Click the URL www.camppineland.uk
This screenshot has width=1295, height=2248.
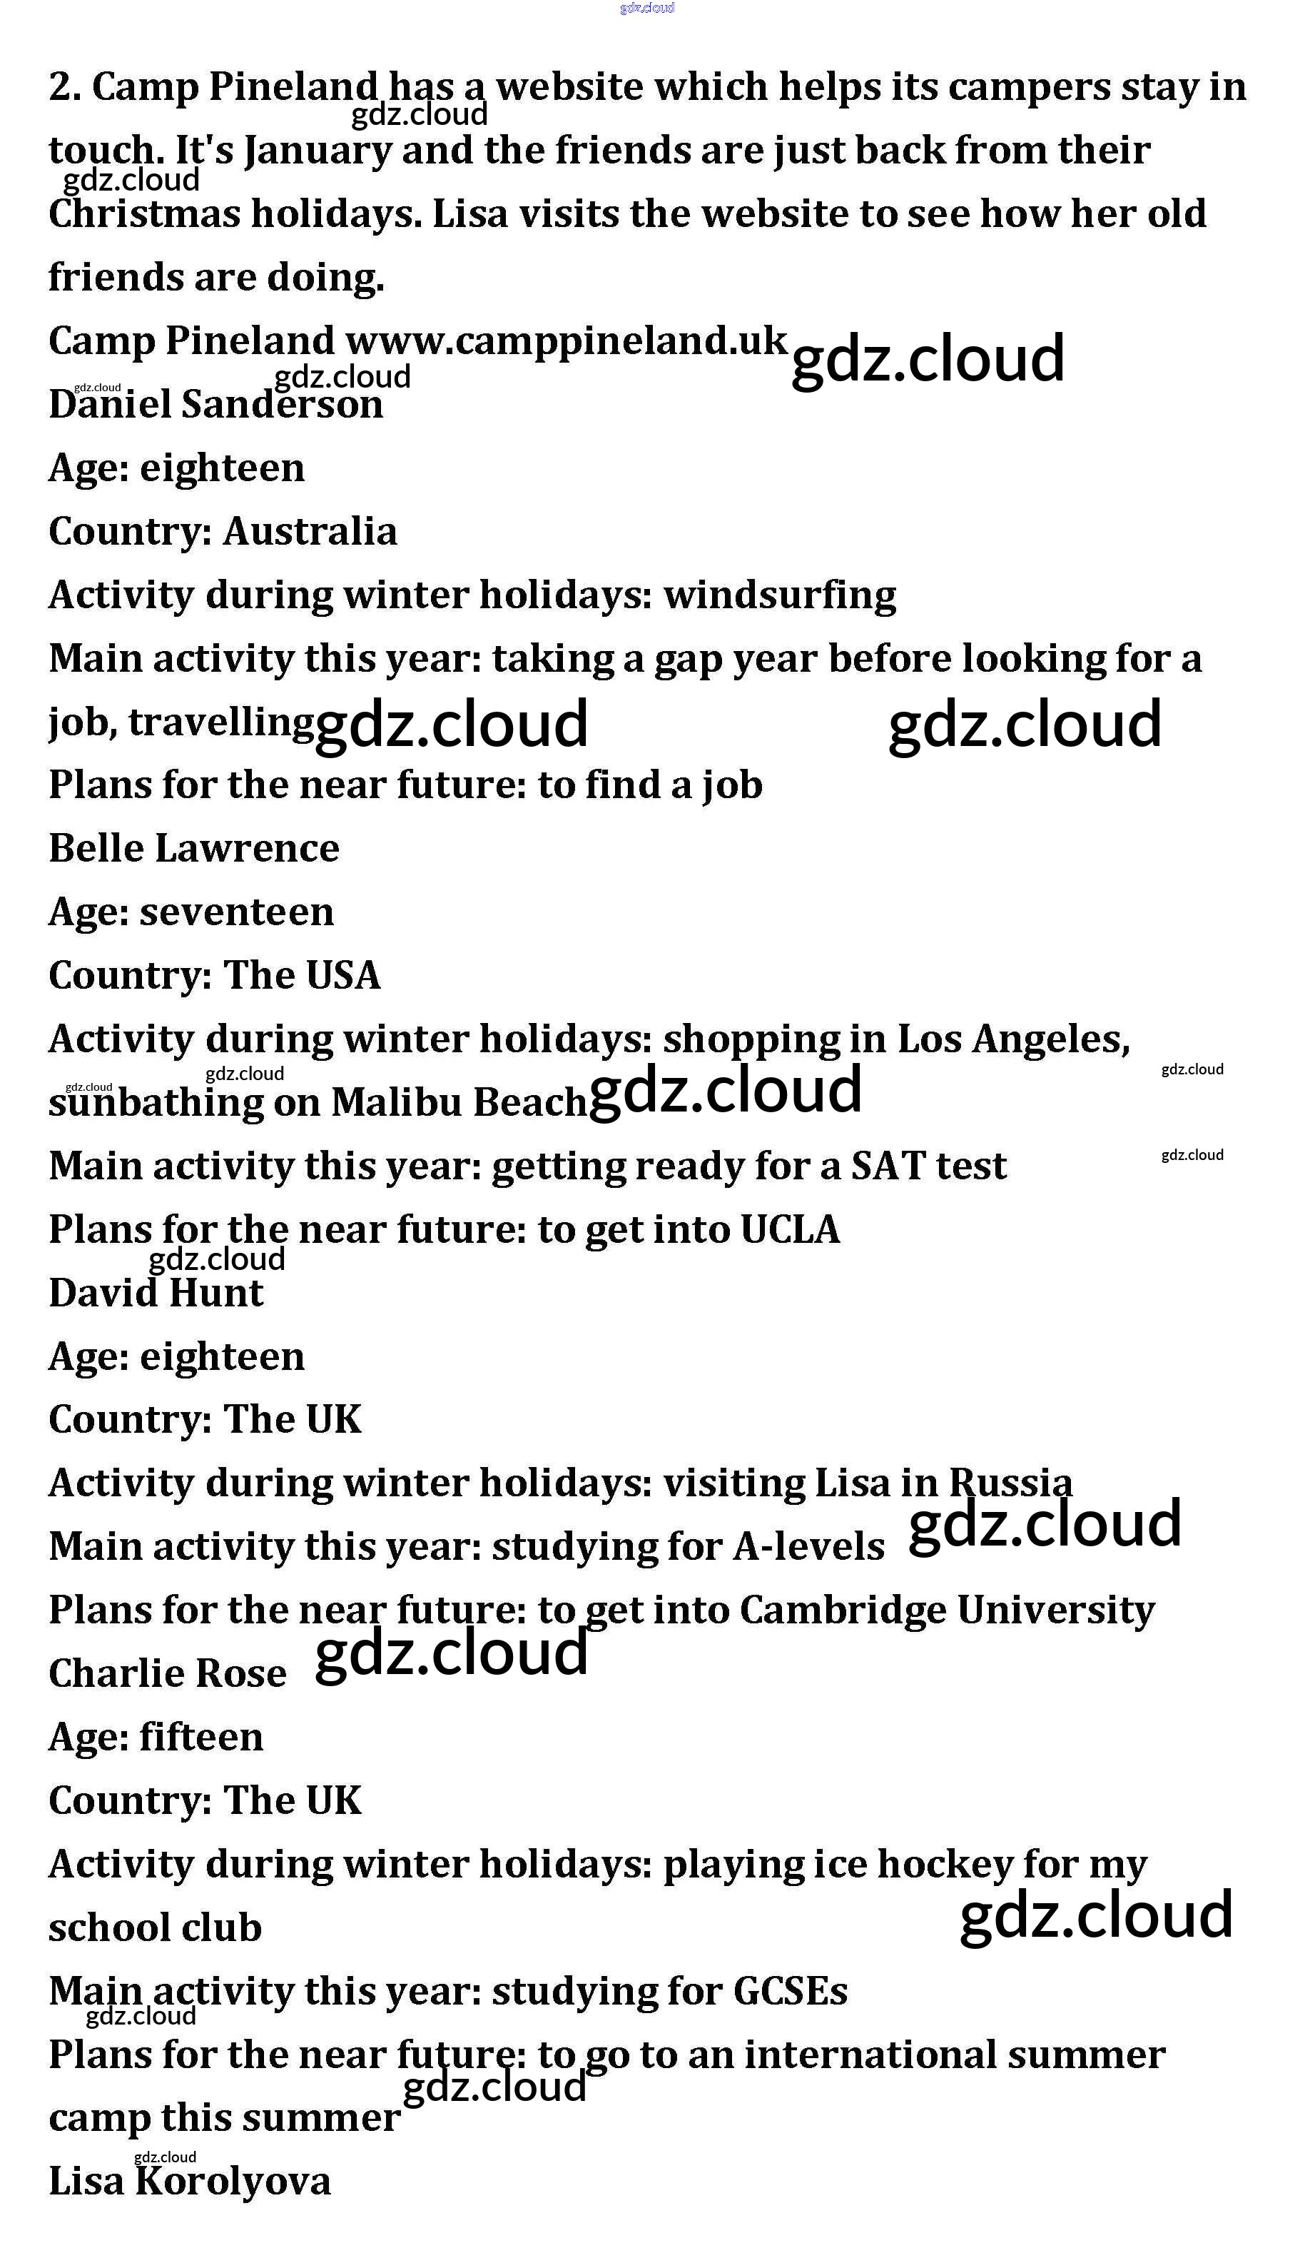(x=566, y=342)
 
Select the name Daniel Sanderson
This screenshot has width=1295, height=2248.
(x=215, y=405)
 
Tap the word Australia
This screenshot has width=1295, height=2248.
(x=310, y=532)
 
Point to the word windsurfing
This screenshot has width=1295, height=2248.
(x=779, y=595)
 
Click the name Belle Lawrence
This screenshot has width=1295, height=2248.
(x=194, y=849)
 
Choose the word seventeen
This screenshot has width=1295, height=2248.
(x=237, y=912)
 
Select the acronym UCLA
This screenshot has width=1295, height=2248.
(x=790, y=1229)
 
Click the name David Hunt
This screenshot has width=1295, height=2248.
(x=156, y=1294)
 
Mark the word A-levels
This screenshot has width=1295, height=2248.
(x=808, y=1547)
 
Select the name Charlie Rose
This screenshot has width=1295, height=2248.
(x=167, y=1674)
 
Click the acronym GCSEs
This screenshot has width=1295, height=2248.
(x=790, y=1991)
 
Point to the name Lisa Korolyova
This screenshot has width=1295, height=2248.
(x=190, y=2182)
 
